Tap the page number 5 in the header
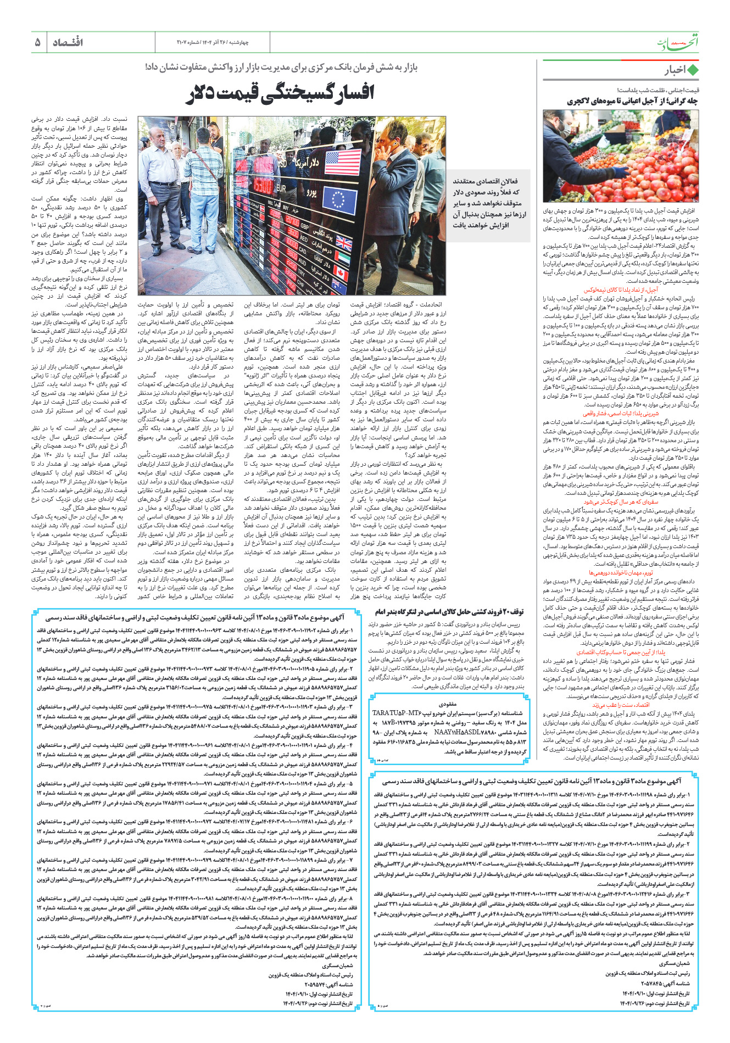click(x=38, y=42)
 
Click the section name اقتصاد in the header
click(x=67, y=42)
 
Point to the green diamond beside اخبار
click(x=693, y=70)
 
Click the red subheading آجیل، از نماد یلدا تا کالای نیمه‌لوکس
click(x=621, y=289)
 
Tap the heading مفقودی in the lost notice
click(x=448, y=704)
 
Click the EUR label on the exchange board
click(x=280, y=189)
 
